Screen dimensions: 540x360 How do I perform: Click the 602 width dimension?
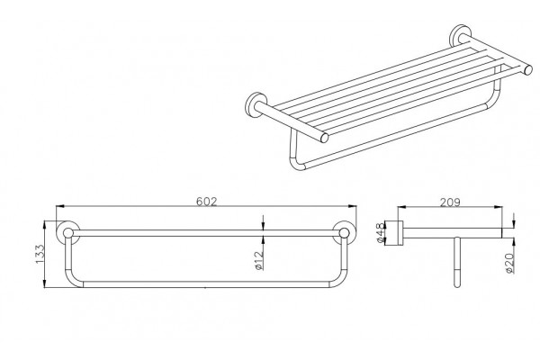tap(207, 202)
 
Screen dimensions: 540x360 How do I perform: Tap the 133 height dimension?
tap(40, 254)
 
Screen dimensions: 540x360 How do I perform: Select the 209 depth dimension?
tap(450, 202)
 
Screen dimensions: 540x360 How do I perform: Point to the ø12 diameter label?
tap(260, 260)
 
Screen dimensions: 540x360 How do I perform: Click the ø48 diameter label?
tap(380, 233)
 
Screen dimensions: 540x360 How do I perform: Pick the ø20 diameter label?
tap(510, 263)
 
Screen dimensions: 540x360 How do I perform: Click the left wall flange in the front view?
tap(67, 232)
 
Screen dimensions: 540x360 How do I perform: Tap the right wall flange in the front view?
tap(345, 232)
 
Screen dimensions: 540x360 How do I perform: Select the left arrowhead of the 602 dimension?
tap(60, 206)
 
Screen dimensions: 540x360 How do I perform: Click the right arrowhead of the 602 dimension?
tap(352, 206)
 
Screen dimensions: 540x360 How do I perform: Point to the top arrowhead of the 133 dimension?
tap(45, 225)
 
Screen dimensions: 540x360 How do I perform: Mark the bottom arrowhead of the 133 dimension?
tap(45, 283)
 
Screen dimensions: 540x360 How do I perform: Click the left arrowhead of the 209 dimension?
tap(402, 207)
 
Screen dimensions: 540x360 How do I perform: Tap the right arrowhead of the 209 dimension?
tap(498, 207)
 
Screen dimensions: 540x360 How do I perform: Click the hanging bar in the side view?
tap(456, 262)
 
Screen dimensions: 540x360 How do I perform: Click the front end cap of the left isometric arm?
tap(324, 138)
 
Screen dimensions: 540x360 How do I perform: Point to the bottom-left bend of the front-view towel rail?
tap(72, 280)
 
